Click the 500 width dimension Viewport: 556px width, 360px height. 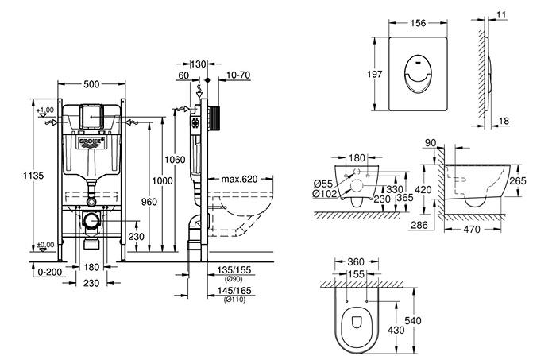(93, 82)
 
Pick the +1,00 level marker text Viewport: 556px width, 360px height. (46, 110)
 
